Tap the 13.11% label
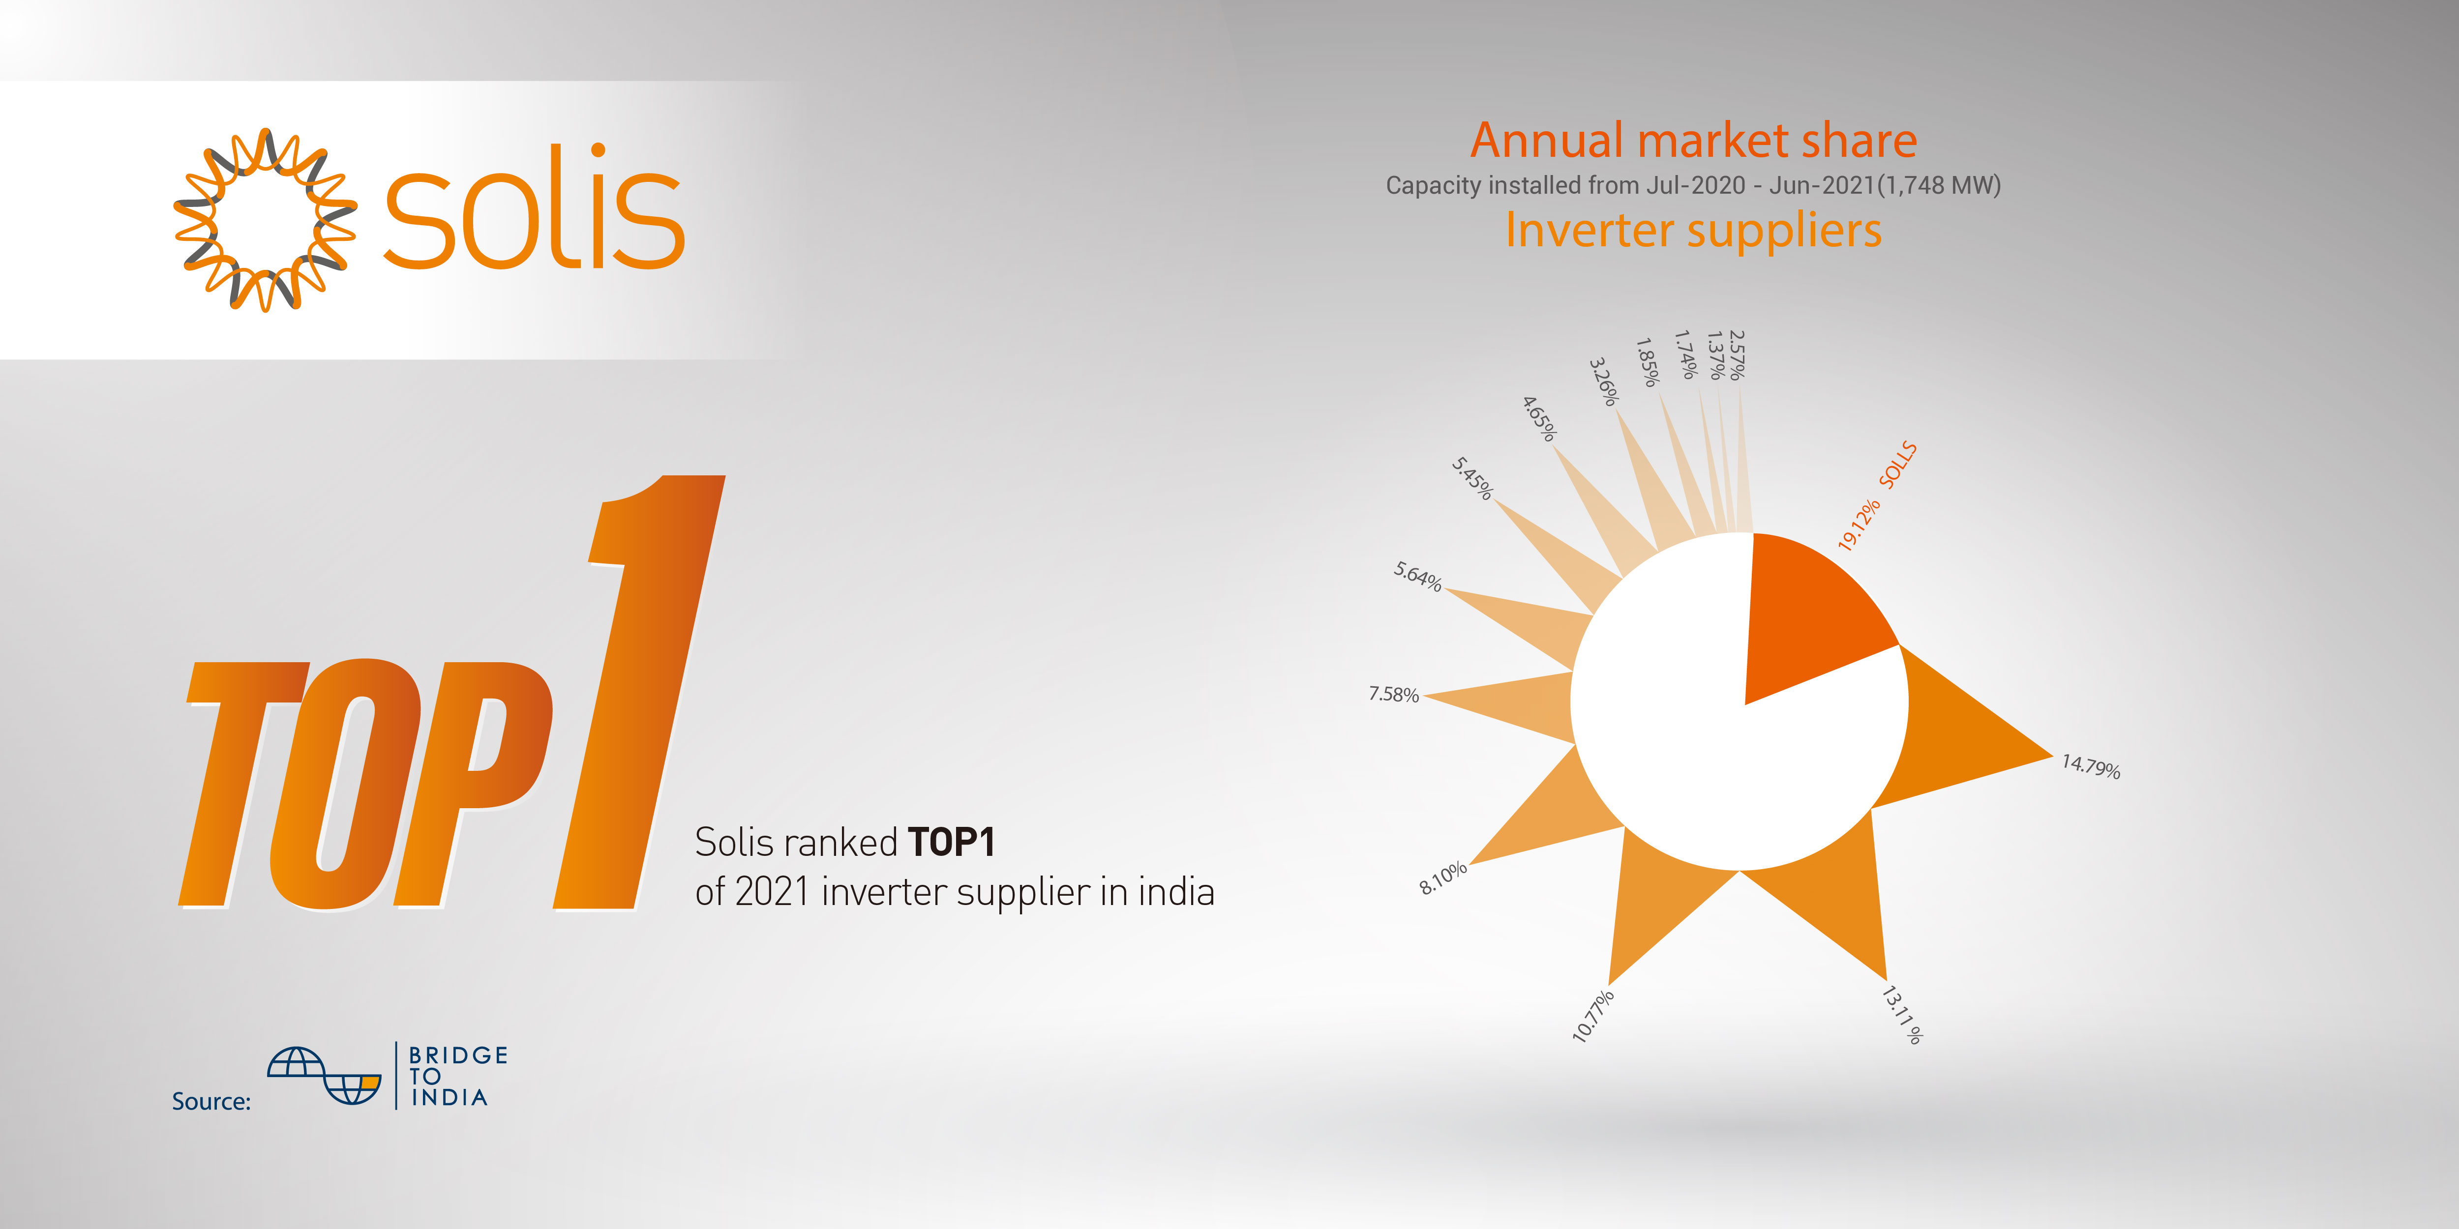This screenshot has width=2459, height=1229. pyautogui.click(x=1901, y=1014)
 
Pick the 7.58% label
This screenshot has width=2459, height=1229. pyautogui.click(x=1394, y=694)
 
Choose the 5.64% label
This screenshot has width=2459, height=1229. pyautogui.click(x=1417, y=576)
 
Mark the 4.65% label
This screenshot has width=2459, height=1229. pyautogui.click(x=1539, y=418)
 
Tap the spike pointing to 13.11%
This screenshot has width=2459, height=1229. pyautogui.click(x=1833, y=892)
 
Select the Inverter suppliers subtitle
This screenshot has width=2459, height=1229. pyautogui.click(x=1693, y=230)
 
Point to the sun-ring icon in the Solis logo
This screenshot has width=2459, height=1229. pyautogui.click(x=266, y=219)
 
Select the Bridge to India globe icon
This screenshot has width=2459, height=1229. pyautogui.click(x=325, y=1076)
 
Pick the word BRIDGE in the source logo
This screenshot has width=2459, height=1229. pyautogui.click(x=458, y=1055)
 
